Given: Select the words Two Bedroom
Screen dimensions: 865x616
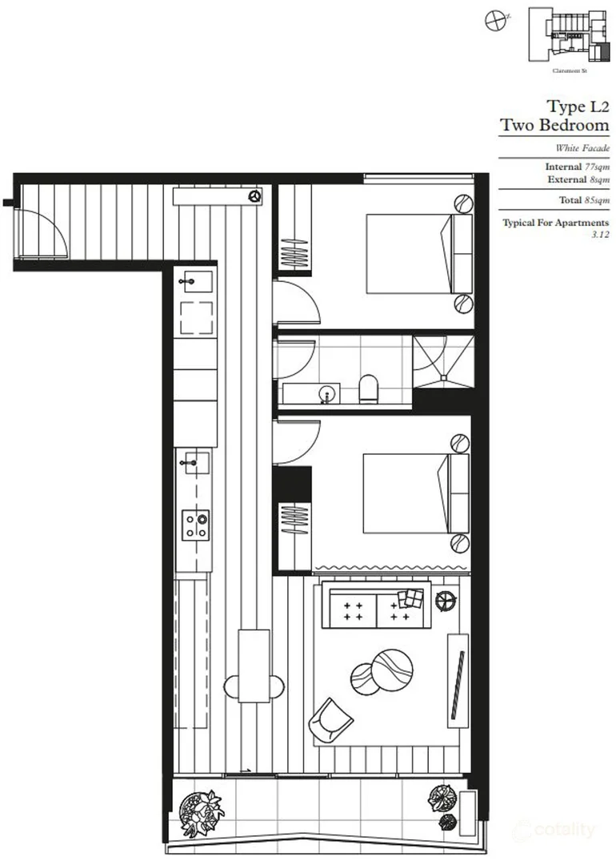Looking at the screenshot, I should [x=554, y=126].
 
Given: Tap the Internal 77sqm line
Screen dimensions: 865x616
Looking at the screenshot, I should [x=577, y=167].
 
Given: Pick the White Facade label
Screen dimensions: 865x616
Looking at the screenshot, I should [x=582, y=148].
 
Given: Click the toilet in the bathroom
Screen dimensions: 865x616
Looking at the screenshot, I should [x=369, y=388].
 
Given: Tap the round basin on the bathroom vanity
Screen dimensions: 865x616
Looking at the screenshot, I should [x=326, y=393].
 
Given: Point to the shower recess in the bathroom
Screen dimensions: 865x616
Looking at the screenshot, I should [x=442, y=362].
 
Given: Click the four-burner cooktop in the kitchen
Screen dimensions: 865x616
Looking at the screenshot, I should [x=196, y=525].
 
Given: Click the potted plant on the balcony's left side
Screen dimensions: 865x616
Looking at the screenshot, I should [x=201, y=809].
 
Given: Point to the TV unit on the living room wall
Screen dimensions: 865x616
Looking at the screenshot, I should [x=458, y=675].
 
